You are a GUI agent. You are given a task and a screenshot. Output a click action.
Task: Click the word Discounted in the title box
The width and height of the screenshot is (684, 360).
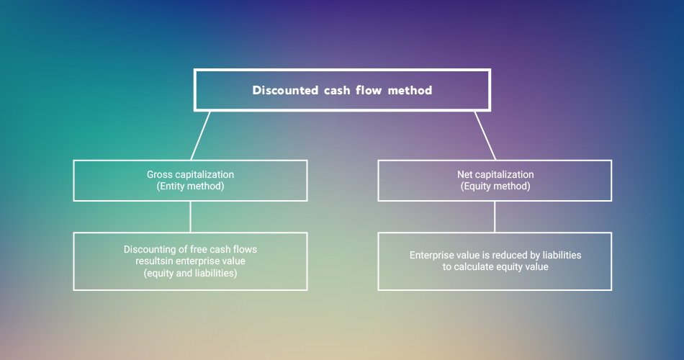(x=285, y=90)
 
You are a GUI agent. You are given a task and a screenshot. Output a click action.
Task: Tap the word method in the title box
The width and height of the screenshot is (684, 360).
(x=410, y=90)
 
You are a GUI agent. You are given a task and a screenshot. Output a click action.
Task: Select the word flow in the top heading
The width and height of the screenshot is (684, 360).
(x=369, y=90)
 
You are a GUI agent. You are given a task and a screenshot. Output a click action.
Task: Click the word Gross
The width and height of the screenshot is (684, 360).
(x=160, y=174)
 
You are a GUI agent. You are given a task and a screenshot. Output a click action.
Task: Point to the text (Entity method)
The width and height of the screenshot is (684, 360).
(x=190, y=186)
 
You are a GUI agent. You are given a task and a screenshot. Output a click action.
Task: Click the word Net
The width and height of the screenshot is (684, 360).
(x=464, y=174)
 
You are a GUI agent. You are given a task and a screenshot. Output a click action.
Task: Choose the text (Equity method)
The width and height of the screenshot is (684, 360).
(x=495, y=186)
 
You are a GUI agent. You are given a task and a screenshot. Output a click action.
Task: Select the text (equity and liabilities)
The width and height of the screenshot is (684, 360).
(x=190, y=273)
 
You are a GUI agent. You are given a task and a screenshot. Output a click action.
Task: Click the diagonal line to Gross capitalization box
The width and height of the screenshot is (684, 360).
(x=201, y=135)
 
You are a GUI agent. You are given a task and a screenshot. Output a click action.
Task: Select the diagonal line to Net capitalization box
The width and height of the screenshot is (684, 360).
(x=485, y=135)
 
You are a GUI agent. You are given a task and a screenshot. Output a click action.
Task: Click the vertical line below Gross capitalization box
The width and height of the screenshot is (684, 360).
(x=190, y=217)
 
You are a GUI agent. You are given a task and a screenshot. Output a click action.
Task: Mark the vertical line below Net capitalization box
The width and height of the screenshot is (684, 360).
(x=495, y=217)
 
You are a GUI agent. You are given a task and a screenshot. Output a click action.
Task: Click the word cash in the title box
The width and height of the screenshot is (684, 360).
(x=337, y=90)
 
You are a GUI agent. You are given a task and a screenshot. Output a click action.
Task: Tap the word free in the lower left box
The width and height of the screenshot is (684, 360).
(x=199, y=250)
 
